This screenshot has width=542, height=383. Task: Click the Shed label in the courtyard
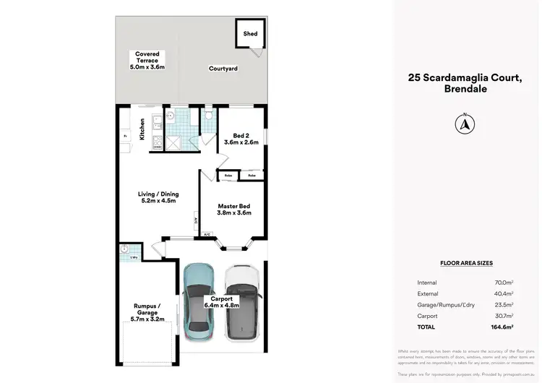tap(250, 34)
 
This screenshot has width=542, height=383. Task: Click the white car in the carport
tap(241, 301)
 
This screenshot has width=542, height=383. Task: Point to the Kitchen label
tap(142, 128)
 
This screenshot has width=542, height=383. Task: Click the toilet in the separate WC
tap(208, 116)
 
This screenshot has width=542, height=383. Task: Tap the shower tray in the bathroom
tap(173, 142)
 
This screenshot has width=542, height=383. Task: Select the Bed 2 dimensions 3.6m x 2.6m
tap(241, 142)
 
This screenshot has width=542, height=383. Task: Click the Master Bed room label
tap(234, 205)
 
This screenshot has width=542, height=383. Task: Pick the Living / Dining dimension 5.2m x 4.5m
tap(158, 202)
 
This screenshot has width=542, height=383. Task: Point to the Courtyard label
tap(223, 69)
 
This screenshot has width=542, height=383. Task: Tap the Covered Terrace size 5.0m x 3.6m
tap(147, 67)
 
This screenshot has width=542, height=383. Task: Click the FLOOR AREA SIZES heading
tap(466, 264)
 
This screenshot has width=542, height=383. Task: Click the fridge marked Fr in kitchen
tap(125, 135)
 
